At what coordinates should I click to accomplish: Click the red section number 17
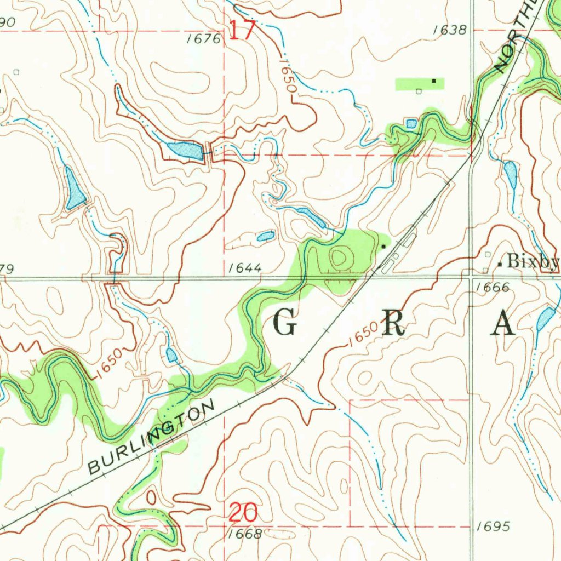[242, 30]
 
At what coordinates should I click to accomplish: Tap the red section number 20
[243, 513]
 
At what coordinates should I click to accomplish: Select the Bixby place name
[533, 262]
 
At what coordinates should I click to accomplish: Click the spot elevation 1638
[449, 30]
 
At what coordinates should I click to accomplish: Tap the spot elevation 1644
[245, 268]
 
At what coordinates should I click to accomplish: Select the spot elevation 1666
[493, 287]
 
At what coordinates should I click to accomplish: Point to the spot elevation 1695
[493, 526]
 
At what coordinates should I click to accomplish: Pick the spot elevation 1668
[245, 534]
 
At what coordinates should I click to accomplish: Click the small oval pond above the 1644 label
[266, 237]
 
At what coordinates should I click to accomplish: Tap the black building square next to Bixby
[500, 264]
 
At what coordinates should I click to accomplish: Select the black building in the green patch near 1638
[434, 81]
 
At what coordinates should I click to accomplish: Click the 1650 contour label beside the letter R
[363, 334]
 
